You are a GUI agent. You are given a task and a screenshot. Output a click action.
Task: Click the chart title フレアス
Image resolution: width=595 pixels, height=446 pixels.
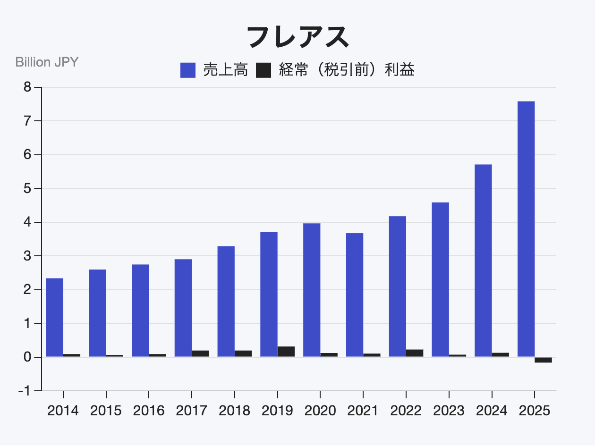pos(297,37)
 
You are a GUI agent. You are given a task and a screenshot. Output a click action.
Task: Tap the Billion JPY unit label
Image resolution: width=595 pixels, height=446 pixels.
pos(47,62)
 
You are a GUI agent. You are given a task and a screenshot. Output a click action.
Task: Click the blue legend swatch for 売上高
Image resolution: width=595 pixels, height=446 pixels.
pos(188,70)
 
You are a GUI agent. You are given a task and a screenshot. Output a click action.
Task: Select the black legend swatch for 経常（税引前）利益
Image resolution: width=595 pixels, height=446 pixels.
pos(263,70)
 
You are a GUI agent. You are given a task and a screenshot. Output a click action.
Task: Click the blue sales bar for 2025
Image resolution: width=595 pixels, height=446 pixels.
pos(526,229)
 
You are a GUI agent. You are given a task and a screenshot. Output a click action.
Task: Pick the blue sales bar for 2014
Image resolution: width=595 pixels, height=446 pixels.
pos(55,318)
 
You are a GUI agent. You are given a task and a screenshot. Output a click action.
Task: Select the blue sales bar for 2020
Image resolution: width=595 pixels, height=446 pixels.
pos(312,290)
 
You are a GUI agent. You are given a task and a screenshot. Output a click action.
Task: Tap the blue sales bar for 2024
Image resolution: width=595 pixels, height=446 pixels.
pos(483,261)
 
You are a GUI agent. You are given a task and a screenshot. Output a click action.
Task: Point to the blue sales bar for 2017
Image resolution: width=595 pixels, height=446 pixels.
pos(183,308)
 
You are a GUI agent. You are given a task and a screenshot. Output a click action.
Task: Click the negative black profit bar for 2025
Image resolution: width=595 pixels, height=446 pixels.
pos(543,360)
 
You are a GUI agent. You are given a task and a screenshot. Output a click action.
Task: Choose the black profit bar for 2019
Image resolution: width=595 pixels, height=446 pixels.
pos(286,352)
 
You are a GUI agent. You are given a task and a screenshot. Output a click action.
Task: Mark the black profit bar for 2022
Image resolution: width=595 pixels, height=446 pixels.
pos(415,353)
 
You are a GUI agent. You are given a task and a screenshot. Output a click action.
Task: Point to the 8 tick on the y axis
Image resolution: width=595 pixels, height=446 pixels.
pos(27,87)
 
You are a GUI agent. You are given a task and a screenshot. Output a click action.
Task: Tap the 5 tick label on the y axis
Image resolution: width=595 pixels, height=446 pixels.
pos(27,188)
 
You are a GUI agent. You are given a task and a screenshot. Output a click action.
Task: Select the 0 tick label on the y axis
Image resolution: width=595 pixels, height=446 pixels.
pos(27,357)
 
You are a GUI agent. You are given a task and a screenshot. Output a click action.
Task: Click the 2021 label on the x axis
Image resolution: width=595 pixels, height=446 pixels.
pos(363,411)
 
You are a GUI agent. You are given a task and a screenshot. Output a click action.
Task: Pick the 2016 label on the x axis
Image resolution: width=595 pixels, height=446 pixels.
pos(149,411)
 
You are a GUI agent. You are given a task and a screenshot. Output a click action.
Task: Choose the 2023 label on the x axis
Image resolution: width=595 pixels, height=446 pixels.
pos(449,411)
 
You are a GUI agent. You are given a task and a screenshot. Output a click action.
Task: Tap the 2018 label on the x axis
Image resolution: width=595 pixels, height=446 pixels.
pos(234,411)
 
